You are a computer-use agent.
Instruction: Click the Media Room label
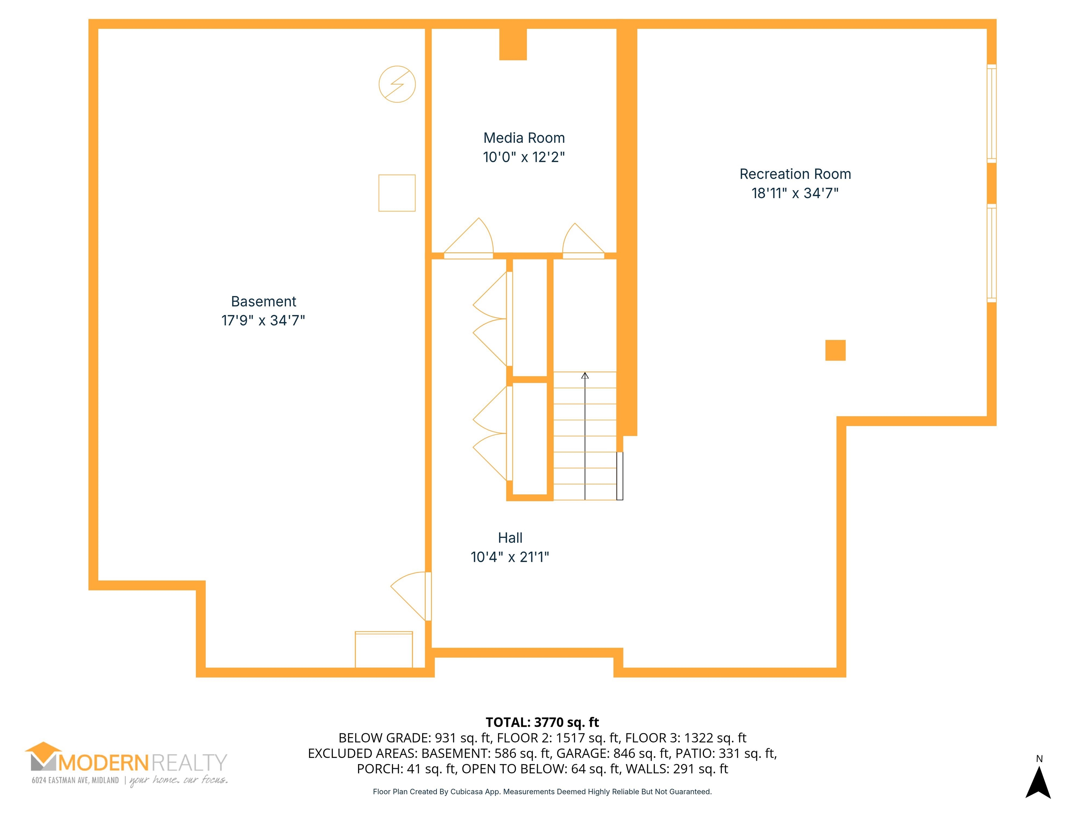[524, 138]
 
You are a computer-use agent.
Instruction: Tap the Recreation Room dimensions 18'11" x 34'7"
[795, 193]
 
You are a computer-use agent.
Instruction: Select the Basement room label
[263, 301]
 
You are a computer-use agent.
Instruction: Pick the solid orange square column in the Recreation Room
[835, 350]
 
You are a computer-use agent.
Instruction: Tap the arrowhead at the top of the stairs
[585, 376]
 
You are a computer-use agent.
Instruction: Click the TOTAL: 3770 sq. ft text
[542, 722]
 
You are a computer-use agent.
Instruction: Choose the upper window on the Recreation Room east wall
[991, 113]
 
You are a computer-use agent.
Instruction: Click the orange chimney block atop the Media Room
[513, 44]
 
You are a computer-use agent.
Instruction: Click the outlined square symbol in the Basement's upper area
[397, 175]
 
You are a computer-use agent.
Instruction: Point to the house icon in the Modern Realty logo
[44, 755]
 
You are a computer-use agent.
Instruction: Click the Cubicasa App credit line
[542, 791]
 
